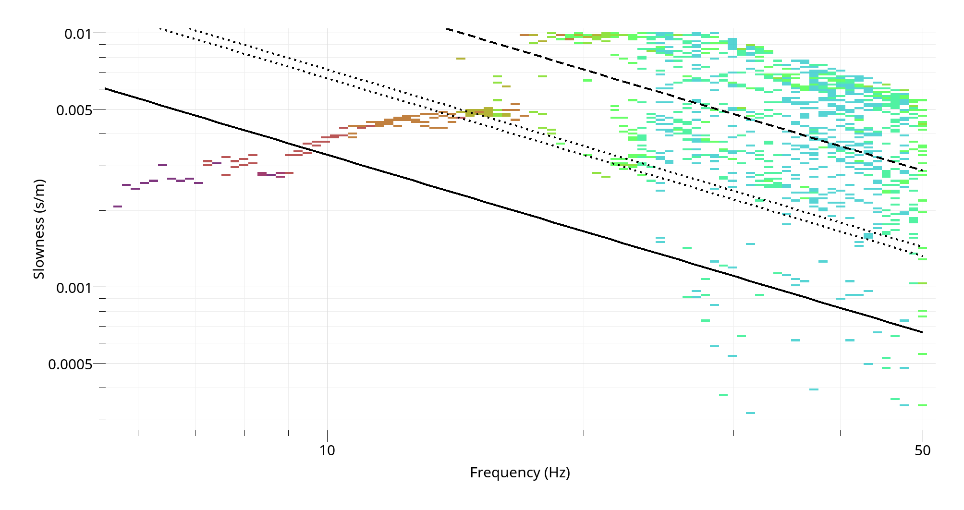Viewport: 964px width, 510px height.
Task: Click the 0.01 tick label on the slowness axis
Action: [x=77, y=34]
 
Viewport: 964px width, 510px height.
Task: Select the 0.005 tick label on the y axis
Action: [x=73, y=110]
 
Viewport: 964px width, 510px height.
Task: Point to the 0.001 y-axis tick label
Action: [x=73, y=288]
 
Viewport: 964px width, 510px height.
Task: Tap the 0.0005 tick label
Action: [x=70, y=364]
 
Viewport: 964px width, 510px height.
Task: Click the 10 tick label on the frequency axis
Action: [x=327, y=450]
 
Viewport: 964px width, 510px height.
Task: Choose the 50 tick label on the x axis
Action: [x=923, y=450]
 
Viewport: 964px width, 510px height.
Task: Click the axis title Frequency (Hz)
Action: [x=520, y=473]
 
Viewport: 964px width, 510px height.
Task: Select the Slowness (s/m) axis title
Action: [x=38, y=229]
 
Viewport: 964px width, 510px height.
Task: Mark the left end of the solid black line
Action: [x=105, y=88]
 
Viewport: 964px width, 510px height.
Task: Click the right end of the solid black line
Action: [x=922, y=332]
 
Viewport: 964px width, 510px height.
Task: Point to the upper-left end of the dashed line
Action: [x=447, y=29]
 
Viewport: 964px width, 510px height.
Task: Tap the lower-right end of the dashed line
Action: [x=922, y=170]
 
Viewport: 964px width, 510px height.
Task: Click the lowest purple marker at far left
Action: [x=118, y=206]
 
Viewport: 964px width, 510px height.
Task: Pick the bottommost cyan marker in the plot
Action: [x=750, y=413]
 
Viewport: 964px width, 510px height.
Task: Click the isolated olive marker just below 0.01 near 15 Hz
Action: [x=461, y=59]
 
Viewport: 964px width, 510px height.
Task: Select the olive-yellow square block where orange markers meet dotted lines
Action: [x=488, y=112]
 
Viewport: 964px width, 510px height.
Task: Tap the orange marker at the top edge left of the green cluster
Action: [x=525, y=35]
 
